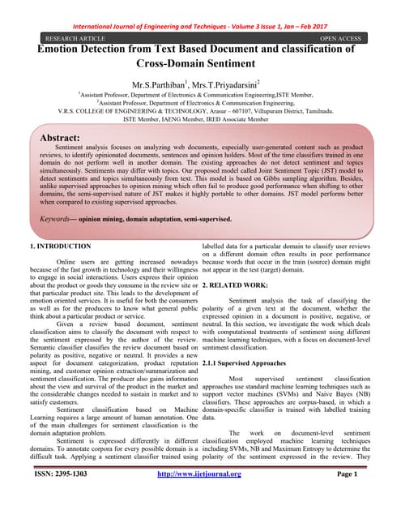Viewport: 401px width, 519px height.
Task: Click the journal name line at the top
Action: click(x=200, y=24)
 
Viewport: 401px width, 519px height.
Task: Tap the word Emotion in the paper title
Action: click(x=62, y=48)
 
